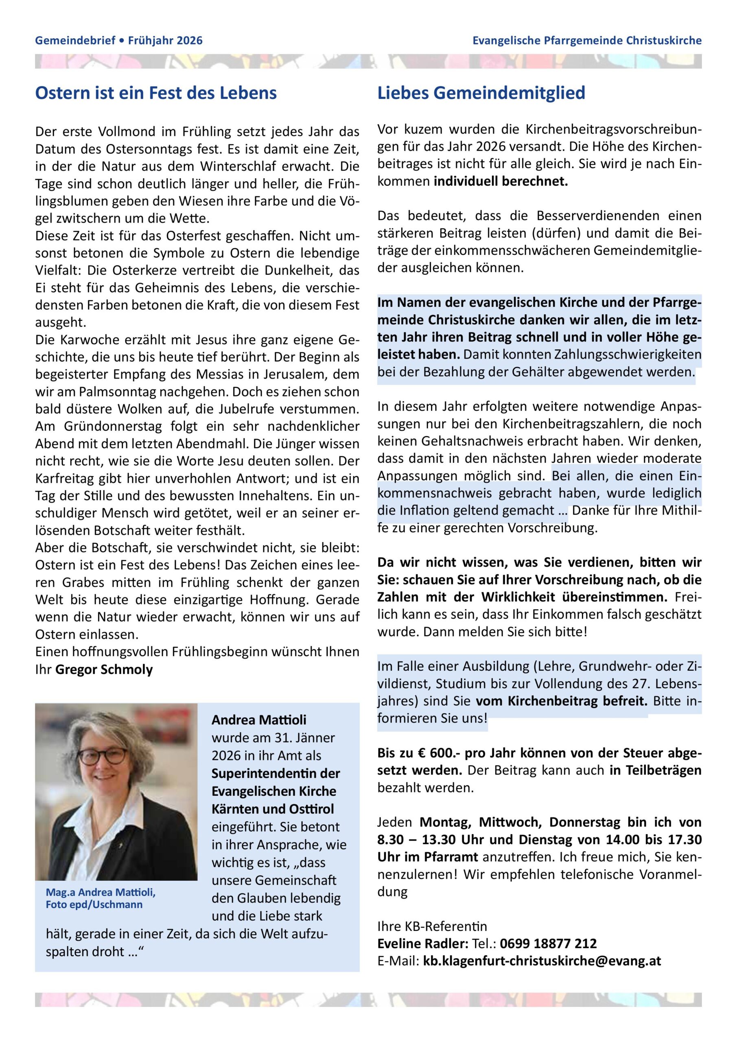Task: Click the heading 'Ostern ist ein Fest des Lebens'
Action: [x=155, y=94]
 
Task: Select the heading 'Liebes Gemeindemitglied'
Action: [x=481, y=94]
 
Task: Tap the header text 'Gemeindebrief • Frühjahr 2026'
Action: [x=119, y=41]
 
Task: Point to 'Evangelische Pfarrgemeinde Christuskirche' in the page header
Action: [x=587, y=41]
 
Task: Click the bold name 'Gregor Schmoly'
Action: [x=104, y=670]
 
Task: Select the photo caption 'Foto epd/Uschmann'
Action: [x=94, y=904]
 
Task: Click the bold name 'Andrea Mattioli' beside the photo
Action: [x=259, y=720]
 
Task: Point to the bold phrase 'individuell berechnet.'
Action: [x=501, y=182]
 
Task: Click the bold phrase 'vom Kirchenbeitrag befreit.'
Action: [x=561, y=701]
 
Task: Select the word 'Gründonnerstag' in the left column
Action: [x=107, y=427]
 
